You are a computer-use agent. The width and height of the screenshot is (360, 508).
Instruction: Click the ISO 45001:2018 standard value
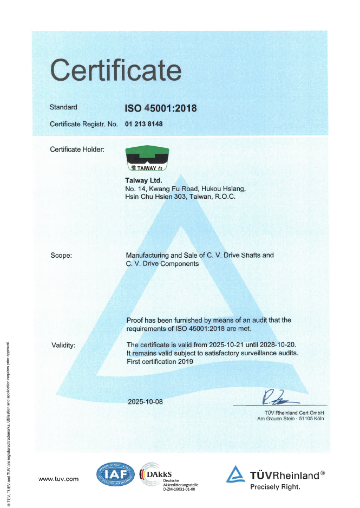click(x=161, y=108)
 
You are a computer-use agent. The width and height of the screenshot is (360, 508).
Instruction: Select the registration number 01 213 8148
click(x=144, y=124)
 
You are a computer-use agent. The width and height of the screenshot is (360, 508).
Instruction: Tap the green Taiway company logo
click(x=146, y=159)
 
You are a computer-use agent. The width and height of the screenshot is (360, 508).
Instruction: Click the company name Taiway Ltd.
click(x=143, y=180)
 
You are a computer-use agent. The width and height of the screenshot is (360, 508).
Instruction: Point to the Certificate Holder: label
click(x=77, y=149)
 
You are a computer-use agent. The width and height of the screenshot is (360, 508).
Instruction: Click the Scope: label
click(x=61, y=255)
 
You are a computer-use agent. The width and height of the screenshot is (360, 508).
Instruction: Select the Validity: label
click(x=63, y=344)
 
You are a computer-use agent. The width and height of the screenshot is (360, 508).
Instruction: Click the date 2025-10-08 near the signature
click(x=145, y=402)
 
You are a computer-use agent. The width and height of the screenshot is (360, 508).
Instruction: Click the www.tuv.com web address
click(x=58, y=479)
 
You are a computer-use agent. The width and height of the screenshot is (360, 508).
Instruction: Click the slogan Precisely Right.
click(x=274, y=487)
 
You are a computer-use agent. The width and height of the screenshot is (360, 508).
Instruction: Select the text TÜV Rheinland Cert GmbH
click(x=290, y=413)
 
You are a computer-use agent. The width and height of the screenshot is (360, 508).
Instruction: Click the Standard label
click(x=63, y=107)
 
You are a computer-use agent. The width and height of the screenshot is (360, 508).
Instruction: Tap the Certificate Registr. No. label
click(x=84, y=124)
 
